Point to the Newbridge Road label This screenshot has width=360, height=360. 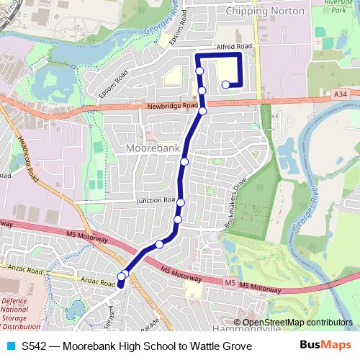pyautogui.click(x=172, y=106)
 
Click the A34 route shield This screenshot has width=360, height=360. pyautogui.click(x=341, y=94)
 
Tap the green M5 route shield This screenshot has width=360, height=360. pyautogui.click(x=229, y=283)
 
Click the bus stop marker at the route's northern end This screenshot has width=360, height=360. pyautogui.click(x=225, y=85)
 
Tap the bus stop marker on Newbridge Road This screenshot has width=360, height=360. pyautogui.click(x=203, y=111)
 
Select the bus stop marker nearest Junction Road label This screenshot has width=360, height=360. pyautogui.click(x=181, y=202)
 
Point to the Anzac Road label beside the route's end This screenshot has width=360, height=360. pyautogui.click(x=98, y=283)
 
